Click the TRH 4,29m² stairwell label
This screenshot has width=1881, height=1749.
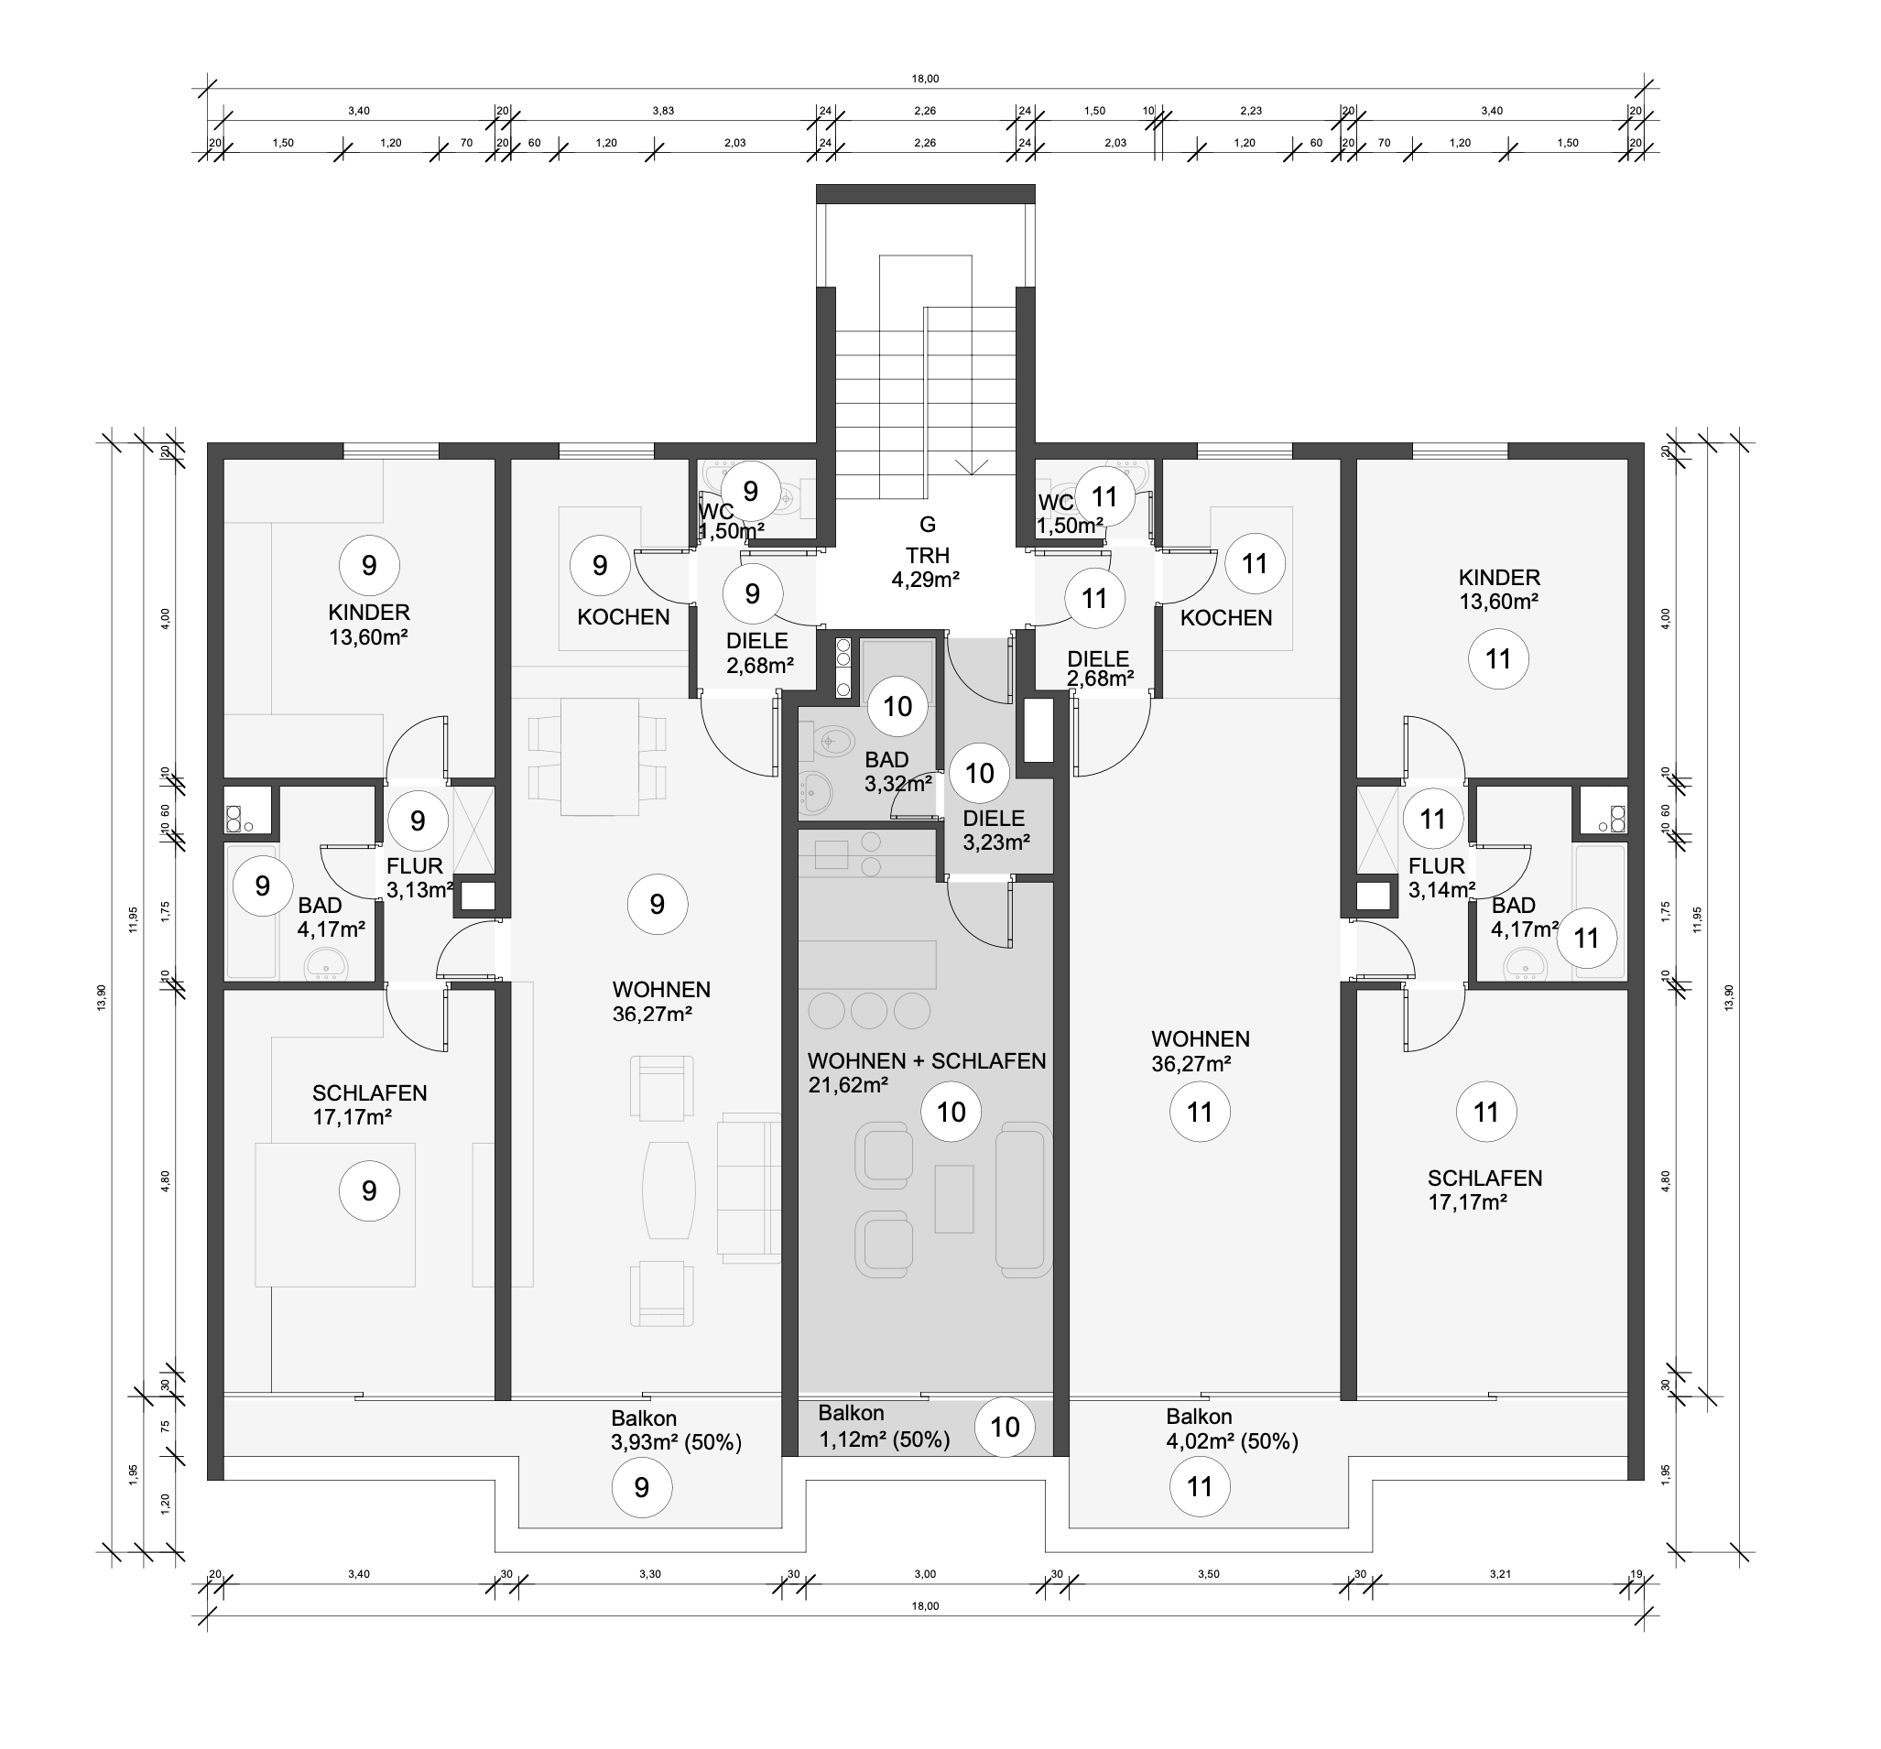click(x=927, y=568)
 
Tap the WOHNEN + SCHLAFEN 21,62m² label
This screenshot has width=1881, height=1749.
click(x=927, y=1072)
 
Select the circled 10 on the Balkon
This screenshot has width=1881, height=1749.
click(x=1005, y=1427)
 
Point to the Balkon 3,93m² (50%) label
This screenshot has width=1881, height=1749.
click(x=676, y=1430)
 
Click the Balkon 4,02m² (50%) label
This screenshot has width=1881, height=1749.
click(x=1232, y=1429)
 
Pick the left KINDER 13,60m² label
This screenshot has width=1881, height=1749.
click(x=369, y=625)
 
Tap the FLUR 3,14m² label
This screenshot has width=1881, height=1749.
click(x=1441, y=878)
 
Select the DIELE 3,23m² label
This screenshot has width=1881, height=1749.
click(x=995, y=830)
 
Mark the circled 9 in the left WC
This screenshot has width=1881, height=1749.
click(x=750, y=491)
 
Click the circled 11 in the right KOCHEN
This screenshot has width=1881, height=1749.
click(x=1255, y=564)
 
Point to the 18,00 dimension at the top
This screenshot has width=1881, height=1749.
click(x=925, y=79)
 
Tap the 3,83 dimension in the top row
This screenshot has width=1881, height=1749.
click(x=663, y=111)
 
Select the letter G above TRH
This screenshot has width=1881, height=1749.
click(x=928, y=524)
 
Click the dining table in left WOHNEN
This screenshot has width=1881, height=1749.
click(x=599, y=756)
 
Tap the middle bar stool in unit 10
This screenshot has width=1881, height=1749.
click(x=868, y=1010)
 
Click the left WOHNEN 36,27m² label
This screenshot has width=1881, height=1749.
click(x=660, y=1002)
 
